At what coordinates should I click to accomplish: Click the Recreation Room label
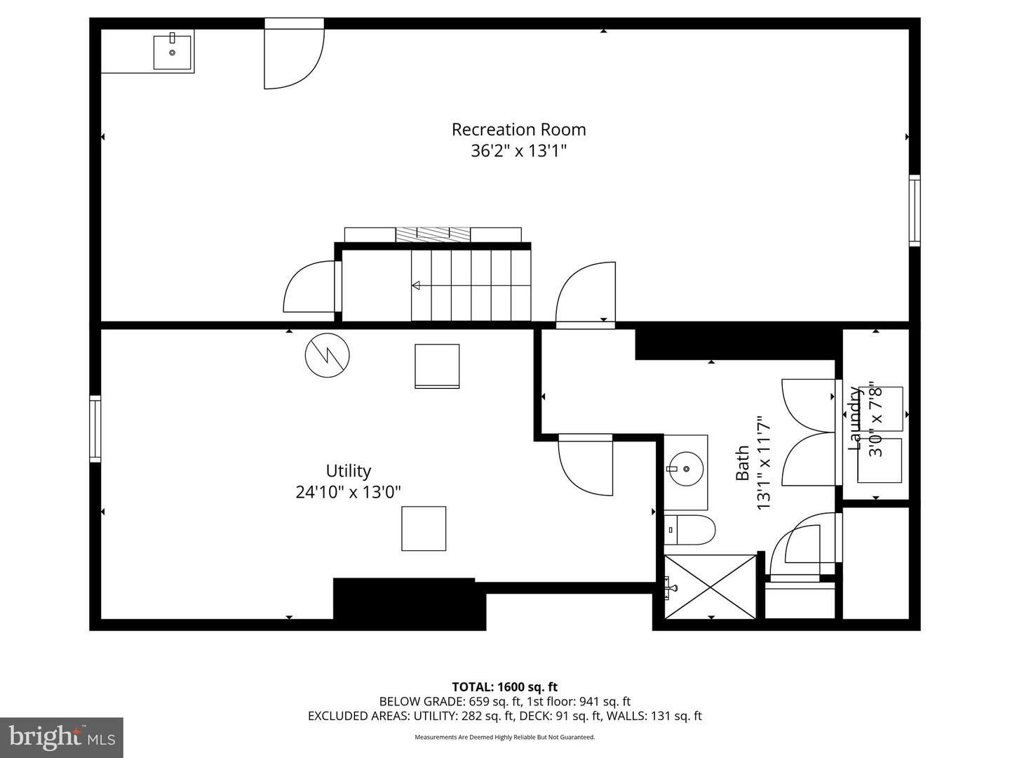518,130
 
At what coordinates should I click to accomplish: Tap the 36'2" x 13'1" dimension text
518,151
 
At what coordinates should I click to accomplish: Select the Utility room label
348,471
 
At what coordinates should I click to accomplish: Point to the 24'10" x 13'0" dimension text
348,492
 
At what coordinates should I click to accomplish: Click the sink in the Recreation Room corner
172,51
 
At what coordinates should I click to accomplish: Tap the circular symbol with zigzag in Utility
327,355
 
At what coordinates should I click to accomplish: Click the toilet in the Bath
690,530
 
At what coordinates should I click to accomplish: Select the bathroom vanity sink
685,469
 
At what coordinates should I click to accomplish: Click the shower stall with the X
710,587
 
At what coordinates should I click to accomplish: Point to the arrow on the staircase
416,285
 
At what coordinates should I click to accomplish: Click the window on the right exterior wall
914,210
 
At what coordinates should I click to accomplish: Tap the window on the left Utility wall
95,429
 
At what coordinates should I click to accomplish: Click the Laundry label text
854,419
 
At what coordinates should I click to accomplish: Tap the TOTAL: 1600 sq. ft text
504,687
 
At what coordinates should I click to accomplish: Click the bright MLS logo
62,737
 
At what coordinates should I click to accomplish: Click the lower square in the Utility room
424,528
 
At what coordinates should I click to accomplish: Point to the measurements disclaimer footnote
504,737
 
